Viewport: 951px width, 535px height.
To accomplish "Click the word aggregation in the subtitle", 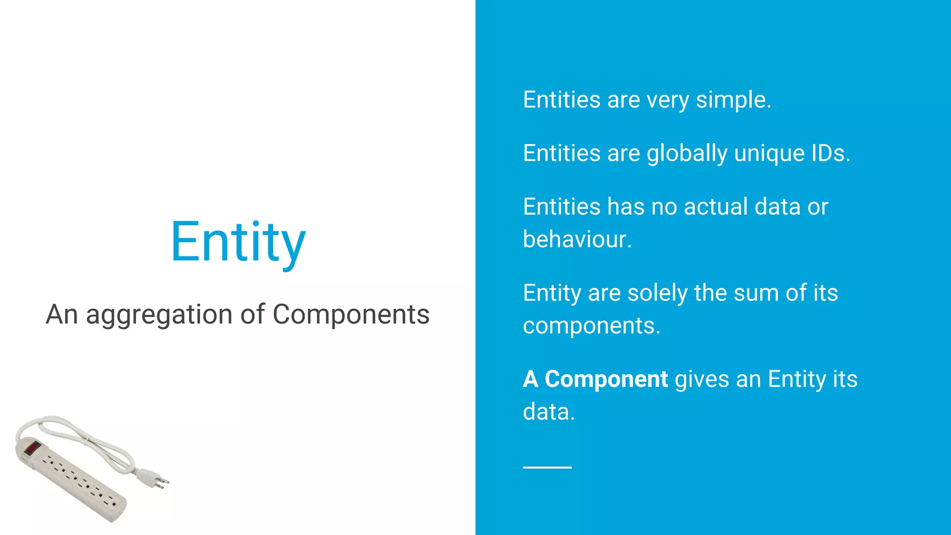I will click(x=160, y=315).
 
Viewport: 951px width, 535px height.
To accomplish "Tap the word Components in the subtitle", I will click(x=351, y=315).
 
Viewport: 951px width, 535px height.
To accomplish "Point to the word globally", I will click(x=687, y=153).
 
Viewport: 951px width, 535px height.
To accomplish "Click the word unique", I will click(x=769, y=153).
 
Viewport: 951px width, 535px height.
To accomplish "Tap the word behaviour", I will click(x=577, y=240).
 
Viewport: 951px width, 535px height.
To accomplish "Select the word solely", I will click(x=658, y=293).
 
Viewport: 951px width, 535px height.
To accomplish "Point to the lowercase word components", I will click(x=591, y=326).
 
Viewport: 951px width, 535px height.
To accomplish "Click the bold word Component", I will click(x=606, y=379).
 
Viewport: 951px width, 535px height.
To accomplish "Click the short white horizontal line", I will click(x=547, y=467).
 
